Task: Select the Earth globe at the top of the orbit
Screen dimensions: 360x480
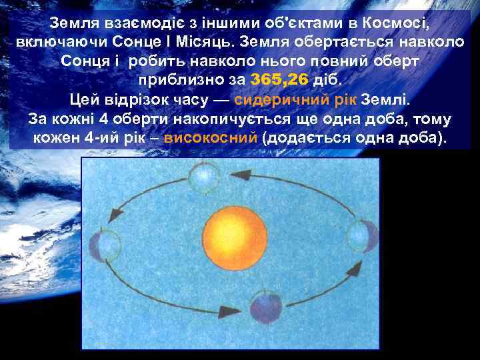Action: coord(201,176)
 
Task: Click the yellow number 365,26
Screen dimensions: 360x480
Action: coord(279,80)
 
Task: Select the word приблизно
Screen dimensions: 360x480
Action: coord(181,81)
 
